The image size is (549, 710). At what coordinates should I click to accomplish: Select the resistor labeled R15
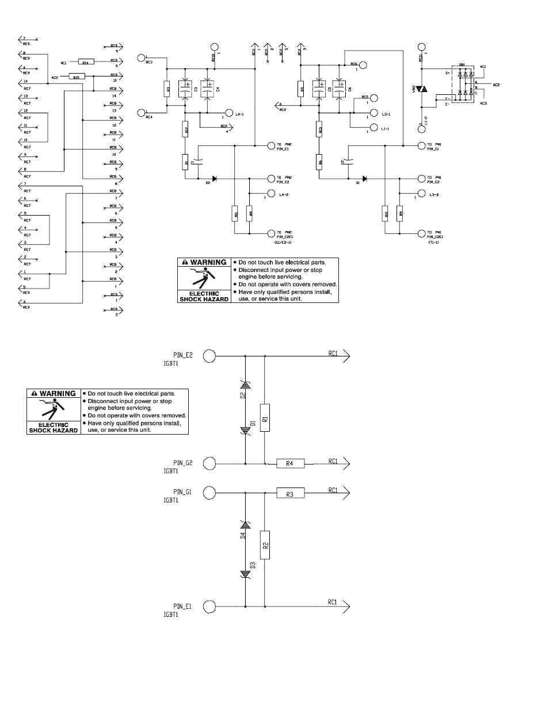point(76,76)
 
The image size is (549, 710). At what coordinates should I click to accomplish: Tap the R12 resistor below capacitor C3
point(185,131)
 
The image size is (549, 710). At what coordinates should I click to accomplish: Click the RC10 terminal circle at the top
point(215,47)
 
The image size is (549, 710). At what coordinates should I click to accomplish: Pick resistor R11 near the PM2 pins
point(235,214)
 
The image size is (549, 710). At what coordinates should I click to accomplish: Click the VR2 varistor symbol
point(421,89)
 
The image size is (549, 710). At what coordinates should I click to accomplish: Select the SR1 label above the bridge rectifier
point(462,65)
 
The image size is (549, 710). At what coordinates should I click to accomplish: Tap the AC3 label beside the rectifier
point(482,103)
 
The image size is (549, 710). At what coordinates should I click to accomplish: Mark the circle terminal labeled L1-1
point(373,128)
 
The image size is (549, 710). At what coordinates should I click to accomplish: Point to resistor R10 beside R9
point(385,214)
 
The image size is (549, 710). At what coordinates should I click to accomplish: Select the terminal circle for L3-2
point(421,194)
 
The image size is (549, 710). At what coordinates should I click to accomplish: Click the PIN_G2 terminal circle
point(209,463)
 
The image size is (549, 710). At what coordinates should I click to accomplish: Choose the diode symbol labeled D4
point(246,524)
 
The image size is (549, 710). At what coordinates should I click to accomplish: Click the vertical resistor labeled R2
point(265,546)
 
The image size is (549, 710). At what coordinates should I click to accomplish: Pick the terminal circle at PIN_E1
point(209,606)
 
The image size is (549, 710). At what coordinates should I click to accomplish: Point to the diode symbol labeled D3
point(246,573)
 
